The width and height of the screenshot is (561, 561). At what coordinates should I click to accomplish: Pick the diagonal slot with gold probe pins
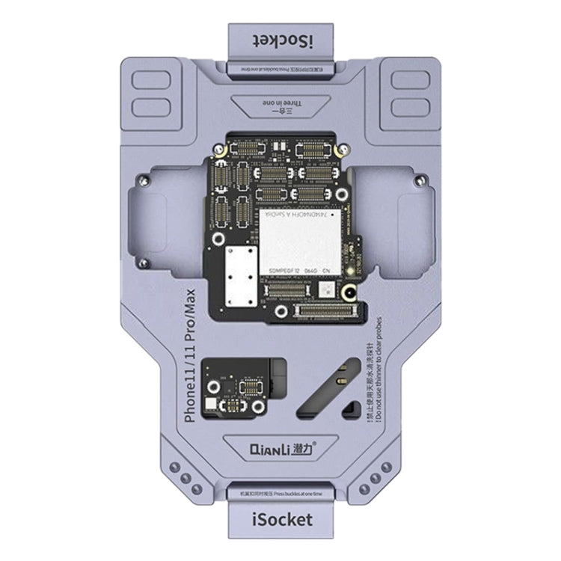click(322, 393)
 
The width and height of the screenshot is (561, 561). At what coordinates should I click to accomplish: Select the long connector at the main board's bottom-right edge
click(334, 308)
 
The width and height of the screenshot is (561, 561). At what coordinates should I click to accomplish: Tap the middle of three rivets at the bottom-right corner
click(375, 476)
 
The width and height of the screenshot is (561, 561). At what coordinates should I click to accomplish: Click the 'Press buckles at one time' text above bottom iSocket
click(280, 494)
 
